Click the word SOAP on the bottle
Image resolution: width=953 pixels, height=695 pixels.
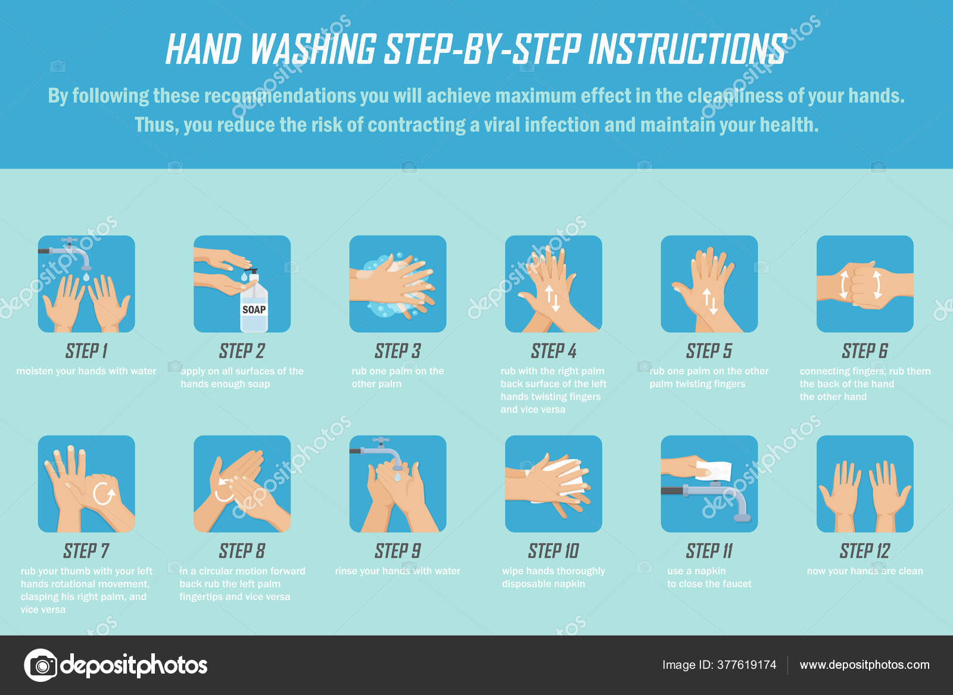point(254,310)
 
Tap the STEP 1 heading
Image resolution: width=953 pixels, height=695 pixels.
point(86,351)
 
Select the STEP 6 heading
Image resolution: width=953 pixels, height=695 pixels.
point(864,351)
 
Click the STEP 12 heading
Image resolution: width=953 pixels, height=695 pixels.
point(864,551)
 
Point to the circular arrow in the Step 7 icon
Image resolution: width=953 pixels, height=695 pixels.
point(104,494)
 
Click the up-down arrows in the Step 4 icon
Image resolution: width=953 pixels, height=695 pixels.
point(552,298)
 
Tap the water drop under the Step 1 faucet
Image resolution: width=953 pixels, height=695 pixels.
point(87,277)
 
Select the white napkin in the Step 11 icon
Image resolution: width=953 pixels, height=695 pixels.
point(714,470)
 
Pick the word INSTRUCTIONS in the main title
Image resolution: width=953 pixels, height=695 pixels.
point(686,49)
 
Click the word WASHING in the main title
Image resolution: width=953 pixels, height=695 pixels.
point(313,49)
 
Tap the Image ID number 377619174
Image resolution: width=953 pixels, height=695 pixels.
point(746,665)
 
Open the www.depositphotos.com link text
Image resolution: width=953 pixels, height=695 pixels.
point(864,665)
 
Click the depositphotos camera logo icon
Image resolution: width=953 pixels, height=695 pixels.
point(41,665)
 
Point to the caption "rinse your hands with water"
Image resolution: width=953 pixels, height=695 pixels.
point(397,571)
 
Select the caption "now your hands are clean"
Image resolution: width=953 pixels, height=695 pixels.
point(864,571)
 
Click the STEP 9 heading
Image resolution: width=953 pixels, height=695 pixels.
point(397,551)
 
